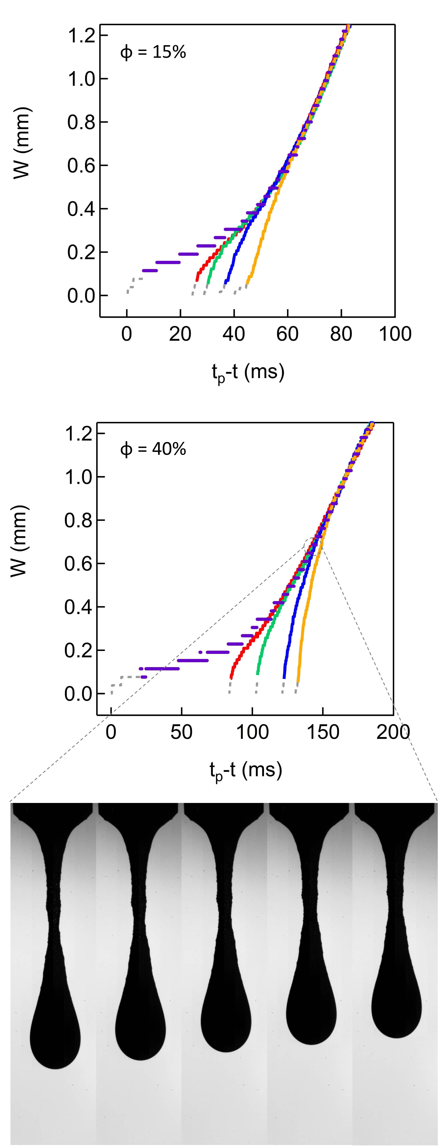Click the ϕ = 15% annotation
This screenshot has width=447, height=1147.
point(153,53)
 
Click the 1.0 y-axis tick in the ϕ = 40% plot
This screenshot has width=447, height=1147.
point(78,477)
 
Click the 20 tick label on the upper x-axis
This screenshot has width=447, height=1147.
point(180,334)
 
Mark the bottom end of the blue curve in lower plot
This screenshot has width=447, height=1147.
point(284,677)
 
